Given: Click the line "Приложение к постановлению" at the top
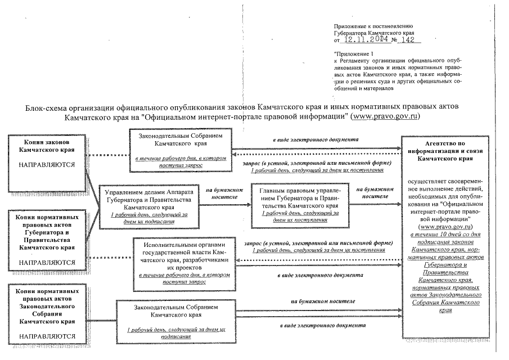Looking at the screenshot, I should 373,26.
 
